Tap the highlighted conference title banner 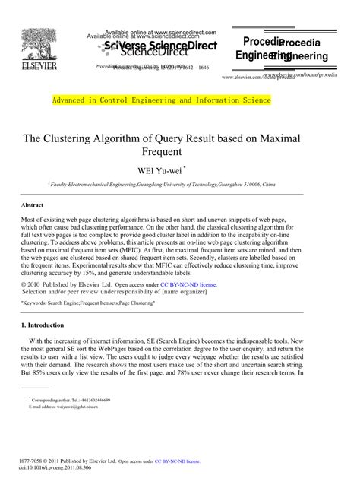point(160,100)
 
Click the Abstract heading point(31,205)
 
